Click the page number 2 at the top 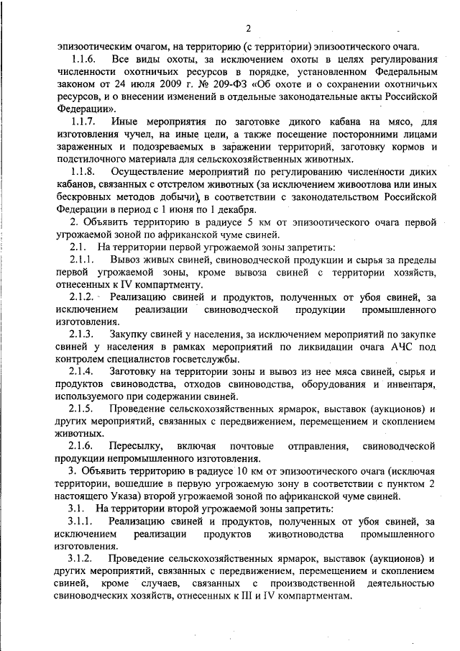(247, 29)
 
